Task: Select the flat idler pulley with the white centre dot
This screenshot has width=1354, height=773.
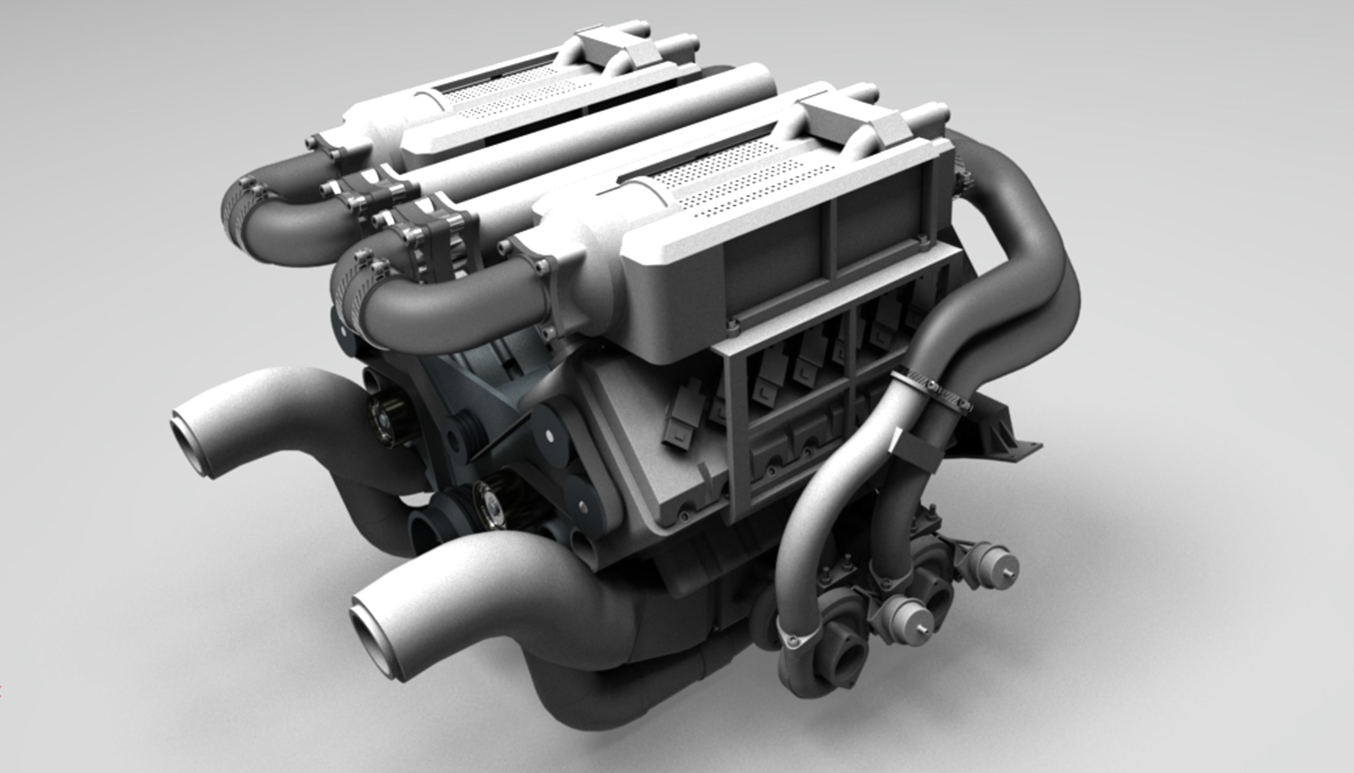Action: [x=549, y=435]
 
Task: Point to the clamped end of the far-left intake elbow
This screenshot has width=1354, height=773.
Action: [x=239, y=218]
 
